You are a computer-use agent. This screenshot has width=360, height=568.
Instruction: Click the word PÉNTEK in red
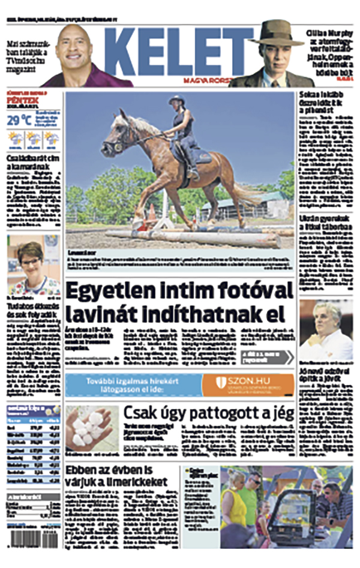coord(21,100)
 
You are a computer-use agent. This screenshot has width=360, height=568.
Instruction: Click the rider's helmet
coord(178,100)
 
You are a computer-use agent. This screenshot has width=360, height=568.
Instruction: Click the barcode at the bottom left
coord(26,537)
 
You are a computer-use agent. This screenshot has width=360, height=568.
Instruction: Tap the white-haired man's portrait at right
coord(326,330)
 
